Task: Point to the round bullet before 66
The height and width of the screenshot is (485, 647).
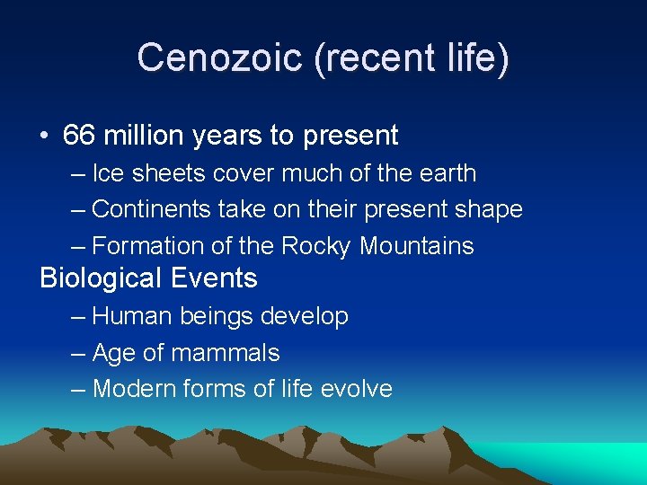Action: pos(44,137)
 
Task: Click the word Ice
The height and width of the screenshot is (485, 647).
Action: pos(110,173)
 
